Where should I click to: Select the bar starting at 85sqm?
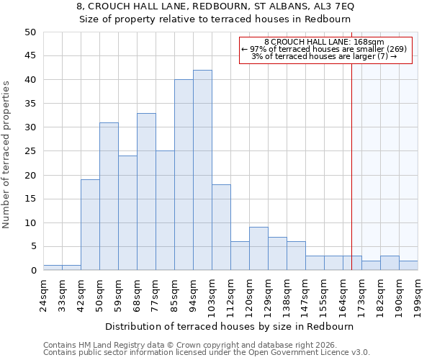184,175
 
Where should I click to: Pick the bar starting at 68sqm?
146,192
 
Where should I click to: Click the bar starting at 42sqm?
90,225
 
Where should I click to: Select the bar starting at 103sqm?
221,228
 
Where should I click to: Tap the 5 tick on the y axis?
32,246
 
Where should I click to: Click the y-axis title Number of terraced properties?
7,154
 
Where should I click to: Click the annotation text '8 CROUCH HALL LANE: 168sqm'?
324,42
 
